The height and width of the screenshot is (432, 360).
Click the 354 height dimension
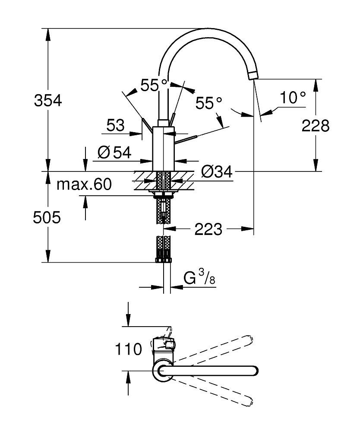[x=48, y=100]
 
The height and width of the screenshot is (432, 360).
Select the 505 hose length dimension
[x=47, y=217]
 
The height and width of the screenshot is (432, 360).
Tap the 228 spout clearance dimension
[x=316, y=126]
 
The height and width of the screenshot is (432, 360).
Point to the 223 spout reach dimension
[x=208, y=229]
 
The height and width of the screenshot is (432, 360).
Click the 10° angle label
[x=293, y=98]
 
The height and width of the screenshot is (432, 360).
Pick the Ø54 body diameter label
[x=114, y=152]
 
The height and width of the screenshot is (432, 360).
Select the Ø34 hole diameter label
[x=217, y=172]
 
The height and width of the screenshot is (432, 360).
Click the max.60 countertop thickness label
[x=84, y=184]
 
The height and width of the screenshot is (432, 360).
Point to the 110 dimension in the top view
[x=128, y=349]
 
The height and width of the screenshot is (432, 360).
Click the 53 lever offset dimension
[x=115, y=125]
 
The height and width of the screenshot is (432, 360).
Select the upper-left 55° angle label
[x=154, y=85]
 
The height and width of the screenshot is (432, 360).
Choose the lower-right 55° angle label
[x=208, y=103]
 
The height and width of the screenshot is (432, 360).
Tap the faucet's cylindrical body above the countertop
[x=164, y=149]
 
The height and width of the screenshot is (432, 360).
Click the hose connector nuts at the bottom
[x=164, y=260]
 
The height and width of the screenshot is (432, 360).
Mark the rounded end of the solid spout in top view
[x=255, y=371]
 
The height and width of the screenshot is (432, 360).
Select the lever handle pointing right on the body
[x=186, y=140]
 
